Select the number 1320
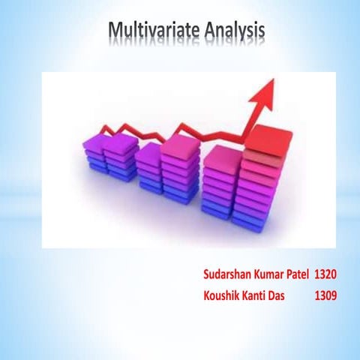(x=325, y=268)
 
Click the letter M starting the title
(x=116, y=31)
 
